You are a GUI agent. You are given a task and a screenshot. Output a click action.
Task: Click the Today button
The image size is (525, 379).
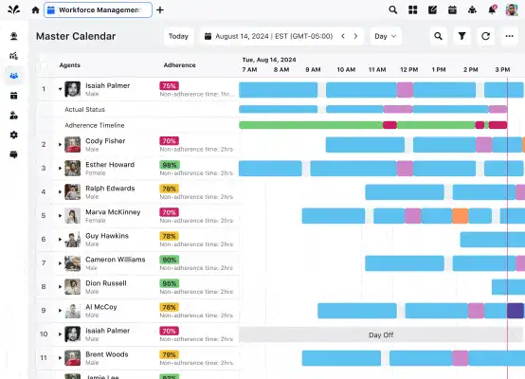(178, 37)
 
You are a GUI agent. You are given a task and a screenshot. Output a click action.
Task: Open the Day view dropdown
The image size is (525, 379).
(385, 37)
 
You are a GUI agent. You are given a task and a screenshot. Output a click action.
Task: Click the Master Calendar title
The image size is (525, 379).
(76, 37)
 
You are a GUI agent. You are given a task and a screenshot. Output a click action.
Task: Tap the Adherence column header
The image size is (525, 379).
(179, 65)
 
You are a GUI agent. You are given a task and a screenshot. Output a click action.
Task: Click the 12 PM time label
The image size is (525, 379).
(408, 70)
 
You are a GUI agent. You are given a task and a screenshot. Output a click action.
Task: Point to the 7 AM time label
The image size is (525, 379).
(249, 70)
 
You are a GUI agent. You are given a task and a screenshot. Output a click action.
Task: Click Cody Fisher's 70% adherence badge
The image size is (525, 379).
(170, 141)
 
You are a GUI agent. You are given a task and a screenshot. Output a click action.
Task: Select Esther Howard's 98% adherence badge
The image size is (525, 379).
(170, 165)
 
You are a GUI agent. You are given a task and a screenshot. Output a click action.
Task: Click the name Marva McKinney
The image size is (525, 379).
(113, 212)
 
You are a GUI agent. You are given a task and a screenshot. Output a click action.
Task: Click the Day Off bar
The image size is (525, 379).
(381, 334)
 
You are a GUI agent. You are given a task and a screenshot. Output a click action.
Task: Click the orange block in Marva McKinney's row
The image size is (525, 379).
(461, 216)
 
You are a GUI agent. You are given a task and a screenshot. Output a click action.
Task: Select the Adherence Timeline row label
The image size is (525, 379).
(95, 125)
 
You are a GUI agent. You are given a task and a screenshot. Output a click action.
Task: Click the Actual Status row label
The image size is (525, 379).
(85, 109)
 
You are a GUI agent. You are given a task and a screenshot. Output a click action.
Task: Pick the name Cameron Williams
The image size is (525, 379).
(116, 260)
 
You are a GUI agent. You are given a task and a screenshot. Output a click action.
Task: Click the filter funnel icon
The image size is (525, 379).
(462, 37)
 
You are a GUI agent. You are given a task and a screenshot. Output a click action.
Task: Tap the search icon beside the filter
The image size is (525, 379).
(438, 37)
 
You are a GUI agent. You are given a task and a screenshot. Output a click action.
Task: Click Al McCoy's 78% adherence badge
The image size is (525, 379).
(170, 307)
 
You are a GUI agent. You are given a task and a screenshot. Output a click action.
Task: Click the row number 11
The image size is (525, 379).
(44, 357)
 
